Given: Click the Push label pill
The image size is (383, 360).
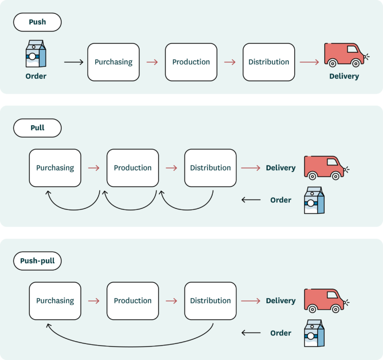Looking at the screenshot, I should (x=37, y=22).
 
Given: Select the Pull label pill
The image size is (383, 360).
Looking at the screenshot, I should (x=37, y=128).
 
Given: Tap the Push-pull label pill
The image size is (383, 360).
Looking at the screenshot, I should (x=37, y=261).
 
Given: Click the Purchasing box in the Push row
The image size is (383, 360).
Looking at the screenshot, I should (x=113, y=62).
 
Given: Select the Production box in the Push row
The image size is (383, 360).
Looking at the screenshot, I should (x=191, y=62).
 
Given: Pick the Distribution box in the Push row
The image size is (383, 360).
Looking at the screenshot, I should (x=269, y=62).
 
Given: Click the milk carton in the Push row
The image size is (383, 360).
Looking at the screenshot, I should (x=36, y=54).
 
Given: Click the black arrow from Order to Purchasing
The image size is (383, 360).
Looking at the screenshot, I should (x=74, y=62).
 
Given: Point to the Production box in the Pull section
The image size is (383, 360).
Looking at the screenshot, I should (x=133, y=168).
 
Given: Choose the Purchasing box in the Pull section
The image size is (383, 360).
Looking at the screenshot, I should (x=55, y=168).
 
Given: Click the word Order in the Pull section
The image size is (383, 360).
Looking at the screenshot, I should (x=281, y=200).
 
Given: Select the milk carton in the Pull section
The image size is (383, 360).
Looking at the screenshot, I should (x=314, y=200).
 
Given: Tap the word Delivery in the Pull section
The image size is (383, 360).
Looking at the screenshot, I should (x=281, y=168).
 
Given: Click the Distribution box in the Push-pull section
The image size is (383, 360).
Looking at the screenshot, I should (x=210, y=301).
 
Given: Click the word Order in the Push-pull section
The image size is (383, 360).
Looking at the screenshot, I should (x=281, y=333).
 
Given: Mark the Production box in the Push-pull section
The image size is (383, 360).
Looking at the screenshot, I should (x=133, y=301).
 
